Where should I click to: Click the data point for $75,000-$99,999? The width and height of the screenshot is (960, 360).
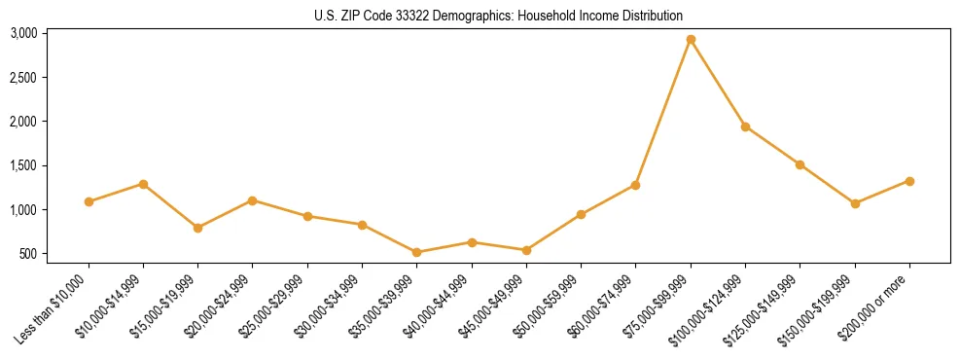(x=691, y=40)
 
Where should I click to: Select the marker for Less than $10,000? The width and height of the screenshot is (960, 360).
(x=89, y=201)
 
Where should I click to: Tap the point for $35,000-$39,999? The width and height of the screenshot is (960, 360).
(x=416, y=252)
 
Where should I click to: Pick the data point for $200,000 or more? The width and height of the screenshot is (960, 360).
(x=909, y=181)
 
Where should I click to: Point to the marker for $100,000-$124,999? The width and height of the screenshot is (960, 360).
(x=745, y=126)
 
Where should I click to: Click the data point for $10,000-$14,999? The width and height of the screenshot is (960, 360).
(x=143, y=184)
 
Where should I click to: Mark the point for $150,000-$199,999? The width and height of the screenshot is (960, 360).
(x=855, y=203)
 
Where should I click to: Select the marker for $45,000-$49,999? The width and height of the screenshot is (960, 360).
(x=526, y=250)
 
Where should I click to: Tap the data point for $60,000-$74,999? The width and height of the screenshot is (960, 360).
(x=635, y=185)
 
